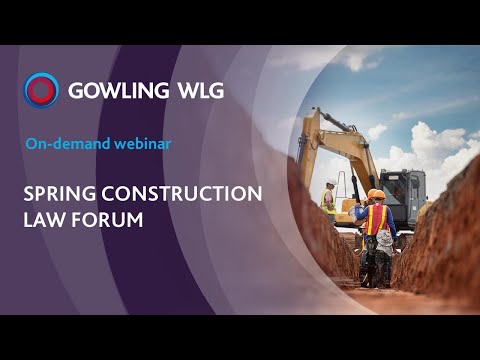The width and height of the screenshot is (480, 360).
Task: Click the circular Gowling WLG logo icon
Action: [41, 90]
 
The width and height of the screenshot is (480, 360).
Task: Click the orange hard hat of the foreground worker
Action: [376, 194]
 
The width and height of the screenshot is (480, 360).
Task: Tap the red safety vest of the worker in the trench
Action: [377, 219]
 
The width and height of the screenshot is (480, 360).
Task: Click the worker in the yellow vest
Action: [328, 199]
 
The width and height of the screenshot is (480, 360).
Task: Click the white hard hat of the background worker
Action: [330, 183]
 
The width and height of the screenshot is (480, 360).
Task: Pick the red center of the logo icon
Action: [41, 90]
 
